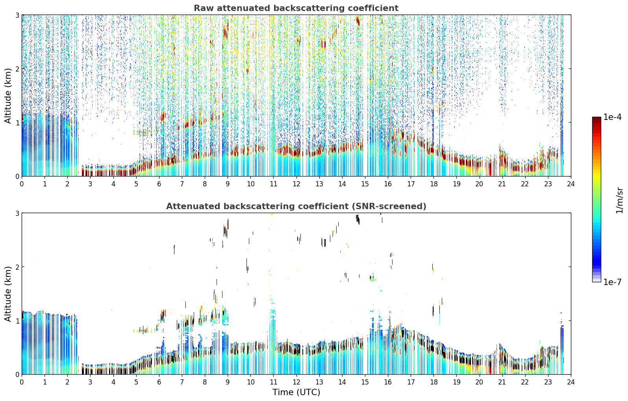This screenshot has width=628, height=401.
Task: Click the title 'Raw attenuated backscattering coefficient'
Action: click(296, 8)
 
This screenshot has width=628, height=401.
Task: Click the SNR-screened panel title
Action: click(296, 206)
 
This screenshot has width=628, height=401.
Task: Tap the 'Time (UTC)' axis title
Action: click(296, 392)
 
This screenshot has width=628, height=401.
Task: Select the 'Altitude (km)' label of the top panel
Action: click(8, 96)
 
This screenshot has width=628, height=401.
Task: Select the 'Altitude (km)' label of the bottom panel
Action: click(8, 294)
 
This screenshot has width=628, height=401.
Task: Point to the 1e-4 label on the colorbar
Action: click(612, 117)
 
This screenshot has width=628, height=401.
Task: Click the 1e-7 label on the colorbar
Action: click(612, 282)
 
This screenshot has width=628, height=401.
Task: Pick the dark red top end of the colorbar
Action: click(597, 118)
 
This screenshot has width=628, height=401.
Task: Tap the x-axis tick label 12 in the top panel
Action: click(296, 184)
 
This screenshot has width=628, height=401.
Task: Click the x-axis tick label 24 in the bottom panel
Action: click(571, 382)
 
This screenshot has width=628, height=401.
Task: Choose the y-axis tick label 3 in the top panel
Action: click(17, 15)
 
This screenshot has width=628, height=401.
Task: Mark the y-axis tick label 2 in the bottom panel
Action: click(17, 267)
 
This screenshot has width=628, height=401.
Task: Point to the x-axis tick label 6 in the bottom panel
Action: click(159, 382)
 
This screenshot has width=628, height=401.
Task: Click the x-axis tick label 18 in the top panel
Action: click(434, 184)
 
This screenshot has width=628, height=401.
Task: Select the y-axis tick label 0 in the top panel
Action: click(17, 177)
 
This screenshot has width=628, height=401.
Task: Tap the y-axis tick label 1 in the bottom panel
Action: click(17, 321)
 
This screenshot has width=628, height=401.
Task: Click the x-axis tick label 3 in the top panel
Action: click(90, 184)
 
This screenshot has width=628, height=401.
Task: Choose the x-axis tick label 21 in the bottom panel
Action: click(502, 382)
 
